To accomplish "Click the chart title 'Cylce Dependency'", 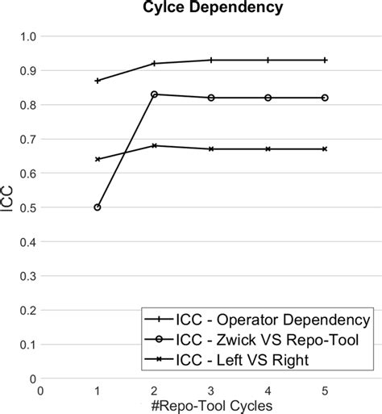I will [x=190, y=10].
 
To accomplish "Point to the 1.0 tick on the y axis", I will [x=24, y=37].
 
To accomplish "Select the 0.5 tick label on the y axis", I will [x=24, y=208].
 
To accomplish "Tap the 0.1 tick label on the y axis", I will [x=24, y=345].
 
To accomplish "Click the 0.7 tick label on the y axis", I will [x=24, y=140].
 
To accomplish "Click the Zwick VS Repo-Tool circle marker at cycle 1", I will [x=98, y=207].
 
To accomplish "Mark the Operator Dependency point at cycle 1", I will [x=98, y=81].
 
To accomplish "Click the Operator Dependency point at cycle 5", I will [x=325, y=60].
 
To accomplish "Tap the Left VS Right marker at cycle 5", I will [x=325, y=149].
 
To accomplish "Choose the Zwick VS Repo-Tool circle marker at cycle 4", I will [x=268, y=98].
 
